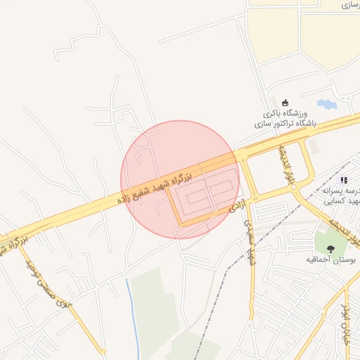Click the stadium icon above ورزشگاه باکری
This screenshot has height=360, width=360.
click(x=285, y=103)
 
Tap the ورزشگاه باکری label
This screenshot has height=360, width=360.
click(x=285, y=113)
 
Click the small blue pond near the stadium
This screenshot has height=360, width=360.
click(x=326, y=105)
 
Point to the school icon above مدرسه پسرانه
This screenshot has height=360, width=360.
click(x=344, y=181)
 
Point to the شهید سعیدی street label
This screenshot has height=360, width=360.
click(x=248, y=243)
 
